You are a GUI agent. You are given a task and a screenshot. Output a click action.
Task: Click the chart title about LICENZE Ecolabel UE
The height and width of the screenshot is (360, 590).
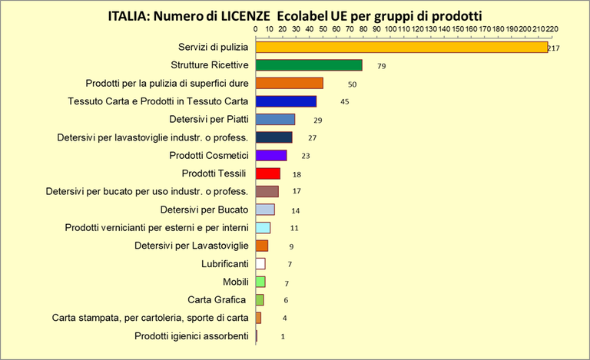tap(295, 15)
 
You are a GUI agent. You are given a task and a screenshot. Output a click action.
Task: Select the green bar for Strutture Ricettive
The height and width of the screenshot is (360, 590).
tap(308, 65)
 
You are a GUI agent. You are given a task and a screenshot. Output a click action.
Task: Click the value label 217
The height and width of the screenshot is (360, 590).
tap(553, 48)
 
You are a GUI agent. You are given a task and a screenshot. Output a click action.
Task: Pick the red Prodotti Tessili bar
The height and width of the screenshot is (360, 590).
tap(267, 173)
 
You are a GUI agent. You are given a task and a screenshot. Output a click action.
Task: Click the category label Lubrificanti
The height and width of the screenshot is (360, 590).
tap(223, 263)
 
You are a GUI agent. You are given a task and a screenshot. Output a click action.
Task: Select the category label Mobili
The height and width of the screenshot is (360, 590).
tap(235, 282)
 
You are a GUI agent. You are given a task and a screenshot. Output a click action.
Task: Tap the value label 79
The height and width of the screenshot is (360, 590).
tap(381, 67)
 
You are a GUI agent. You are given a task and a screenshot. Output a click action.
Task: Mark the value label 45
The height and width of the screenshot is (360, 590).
tap(345, 102)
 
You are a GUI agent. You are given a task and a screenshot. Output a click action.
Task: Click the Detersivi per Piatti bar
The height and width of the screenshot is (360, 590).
tap(275, 119)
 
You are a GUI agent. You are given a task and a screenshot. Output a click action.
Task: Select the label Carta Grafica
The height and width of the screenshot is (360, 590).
tap(217, 299)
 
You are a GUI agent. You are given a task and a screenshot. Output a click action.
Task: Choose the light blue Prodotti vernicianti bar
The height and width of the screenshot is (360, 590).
tap(263, 227)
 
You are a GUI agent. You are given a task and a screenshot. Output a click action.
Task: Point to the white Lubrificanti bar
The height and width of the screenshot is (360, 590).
tap(260, 263)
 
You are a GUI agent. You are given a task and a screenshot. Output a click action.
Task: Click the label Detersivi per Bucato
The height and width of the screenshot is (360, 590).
tap(204, 210)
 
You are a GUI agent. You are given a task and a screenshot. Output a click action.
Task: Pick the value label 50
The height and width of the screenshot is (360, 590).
tap(352, 84)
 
